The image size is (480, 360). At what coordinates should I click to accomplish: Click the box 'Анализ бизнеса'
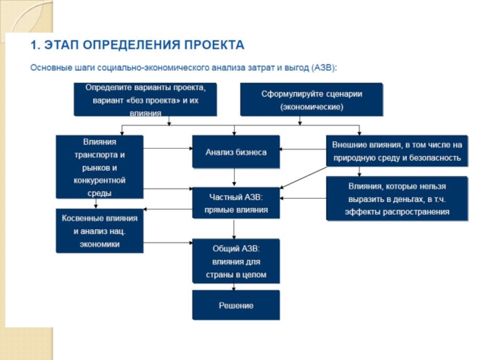(x=235, y=152)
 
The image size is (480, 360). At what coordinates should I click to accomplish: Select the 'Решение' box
(x=235, y=305)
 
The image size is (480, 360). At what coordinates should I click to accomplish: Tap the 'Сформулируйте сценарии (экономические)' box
(x=311, y=100)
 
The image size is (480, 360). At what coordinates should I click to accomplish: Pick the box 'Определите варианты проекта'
(x=145, y=100)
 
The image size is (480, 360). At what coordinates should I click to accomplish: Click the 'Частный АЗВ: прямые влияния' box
(x=235, y=203)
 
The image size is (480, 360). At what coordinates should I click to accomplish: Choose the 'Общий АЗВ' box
(x=235, y=261)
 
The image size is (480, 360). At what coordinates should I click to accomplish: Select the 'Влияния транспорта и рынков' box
(x=100, y=166)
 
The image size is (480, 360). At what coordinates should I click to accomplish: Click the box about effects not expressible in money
(x=397, y=199)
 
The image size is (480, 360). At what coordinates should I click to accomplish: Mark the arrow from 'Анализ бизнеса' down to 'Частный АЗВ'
(x=235, y=178)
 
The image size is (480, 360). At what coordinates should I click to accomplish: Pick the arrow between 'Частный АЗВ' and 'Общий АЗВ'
(x=235, y=229)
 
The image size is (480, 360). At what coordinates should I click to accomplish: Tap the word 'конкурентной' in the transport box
(x=100, y=180)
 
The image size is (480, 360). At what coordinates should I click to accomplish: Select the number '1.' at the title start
(x=35, y=45)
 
